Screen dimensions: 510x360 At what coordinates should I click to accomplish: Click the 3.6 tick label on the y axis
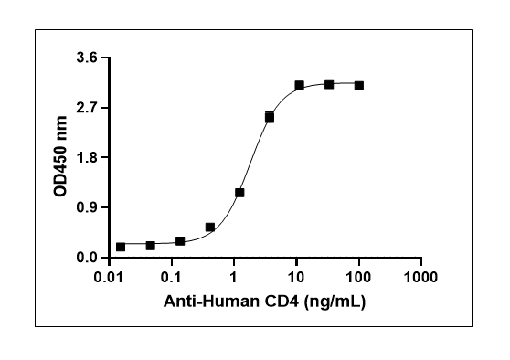(87, 58)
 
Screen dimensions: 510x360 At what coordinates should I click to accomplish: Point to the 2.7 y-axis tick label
(87, 108)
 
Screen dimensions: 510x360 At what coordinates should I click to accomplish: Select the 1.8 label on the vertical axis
(87, 157)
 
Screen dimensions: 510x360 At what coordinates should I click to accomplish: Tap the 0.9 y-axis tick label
(87, 207)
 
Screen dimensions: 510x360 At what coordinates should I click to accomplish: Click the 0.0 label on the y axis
(87, 258)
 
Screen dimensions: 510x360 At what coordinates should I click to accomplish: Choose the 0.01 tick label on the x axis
(109, 278)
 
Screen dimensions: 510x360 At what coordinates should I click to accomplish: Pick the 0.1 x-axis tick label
(172, 278)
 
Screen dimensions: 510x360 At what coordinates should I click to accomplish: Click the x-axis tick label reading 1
(234, 278)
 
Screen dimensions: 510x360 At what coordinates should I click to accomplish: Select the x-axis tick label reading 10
(296, 278)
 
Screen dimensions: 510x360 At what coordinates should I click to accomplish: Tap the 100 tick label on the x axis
(358, 278)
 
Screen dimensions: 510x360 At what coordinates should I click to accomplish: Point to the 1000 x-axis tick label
(420, 278)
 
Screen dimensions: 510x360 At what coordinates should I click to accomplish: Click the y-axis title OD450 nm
(60, 156)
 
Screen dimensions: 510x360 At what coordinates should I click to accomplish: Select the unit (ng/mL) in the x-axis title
(335, 302)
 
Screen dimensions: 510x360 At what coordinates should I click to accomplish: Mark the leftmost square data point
(121, 247)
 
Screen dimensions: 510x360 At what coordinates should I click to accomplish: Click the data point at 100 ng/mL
(359, 86)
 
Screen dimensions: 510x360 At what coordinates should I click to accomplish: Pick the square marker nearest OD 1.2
(239, 193)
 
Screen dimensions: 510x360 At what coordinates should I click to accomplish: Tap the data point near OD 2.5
(270, 117)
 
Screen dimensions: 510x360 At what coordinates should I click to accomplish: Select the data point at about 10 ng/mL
(299, 86)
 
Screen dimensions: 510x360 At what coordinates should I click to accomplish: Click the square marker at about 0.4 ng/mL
(210, 227)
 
